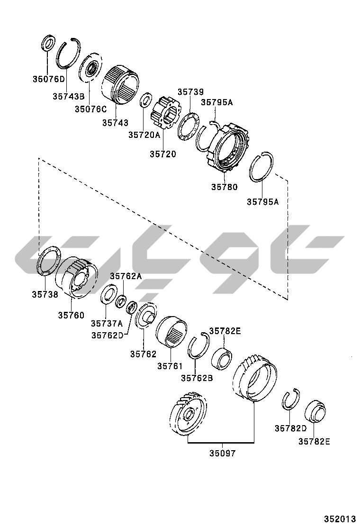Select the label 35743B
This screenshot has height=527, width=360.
pos(68,97)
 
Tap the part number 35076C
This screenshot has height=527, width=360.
pos(90,109)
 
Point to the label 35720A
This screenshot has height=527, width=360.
pos(144,135)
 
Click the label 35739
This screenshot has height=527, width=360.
pos(190,91)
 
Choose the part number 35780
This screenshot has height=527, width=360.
pos(224,187)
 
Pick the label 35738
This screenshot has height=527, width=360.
pos(45,294)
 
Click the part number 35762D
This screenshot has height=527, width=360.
pos(107,335)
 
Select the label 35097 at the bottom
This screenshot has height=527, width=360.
pos(222,453)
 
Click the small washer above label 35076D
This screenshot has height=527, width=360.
pos(48,43)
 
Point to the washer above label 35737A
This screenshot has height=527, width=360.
pos(109,294)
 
